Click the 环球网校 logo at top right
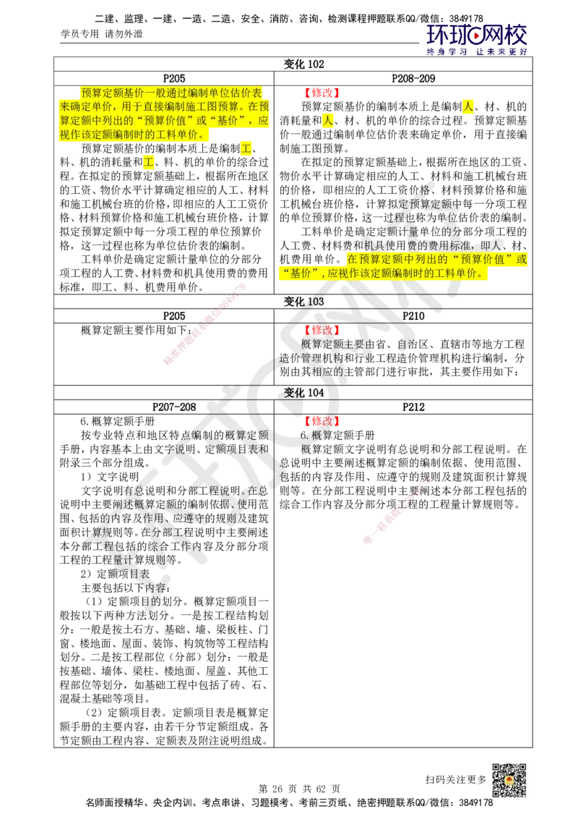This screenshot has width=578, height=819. click(476, 35)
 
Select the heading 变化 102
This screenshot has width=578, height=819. click(303, 64)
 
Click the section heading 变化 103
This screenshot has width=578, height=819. click(303, 302)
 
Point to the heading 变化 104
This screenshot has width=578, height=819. click(303, 393)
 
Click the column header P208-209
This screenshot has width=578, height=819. click(413, 78)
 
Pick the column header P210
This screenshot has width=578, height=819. click(413, 316)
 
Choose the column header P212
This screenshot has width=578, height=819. click(413, 407)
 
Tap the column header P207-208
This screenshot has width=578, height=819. click(174, 407)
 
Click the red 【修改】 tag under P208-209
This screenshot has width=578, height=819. click(322, 93)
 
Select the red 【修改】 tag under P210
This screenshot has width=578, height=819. click(322, 330)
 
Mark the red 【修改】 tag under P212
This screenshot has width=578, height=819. click(322, 421)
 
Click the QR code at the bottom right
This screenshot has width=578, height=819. click(509, 781)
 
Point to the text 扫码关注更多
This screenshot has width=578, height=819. click(455, 779)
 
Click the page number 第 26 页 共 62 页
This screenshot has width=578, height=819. click(299, 789)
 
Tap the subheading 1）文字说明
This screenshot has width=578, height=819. click(110, 477)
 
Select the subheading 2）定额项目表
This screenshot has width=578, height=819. click(115, 574)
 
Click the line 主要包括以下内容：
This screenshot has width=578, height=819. click(126, 587)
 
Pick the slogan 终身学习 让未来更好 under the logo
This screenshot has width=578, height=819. click(477, 51)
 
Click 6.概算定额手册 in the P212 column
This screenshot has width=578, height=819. click(337, 435)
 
